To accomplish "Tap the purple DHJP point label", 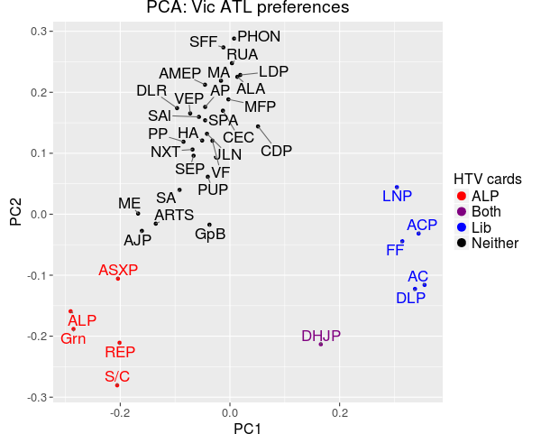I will (321, 337).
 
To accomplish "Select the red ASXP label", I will (118, 270).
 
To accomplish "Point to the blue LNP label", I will (397, 197).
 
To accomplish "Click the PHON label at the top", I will (259, 37).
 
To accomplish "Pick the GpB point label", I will (210, 234).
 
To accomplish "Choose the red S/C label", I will (117, 376).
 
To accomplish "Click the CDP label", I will (276, 151).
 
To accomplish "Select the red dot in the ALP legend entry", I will (461, 195).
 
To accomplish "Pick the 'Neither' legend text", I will (494, 243).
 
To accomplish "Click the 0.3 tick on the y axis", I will (39, 32).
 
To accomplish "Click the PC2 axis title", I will (15, 213).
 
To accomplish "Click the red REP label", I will (119, 352).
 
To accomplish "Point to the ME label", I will (129, 203).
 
